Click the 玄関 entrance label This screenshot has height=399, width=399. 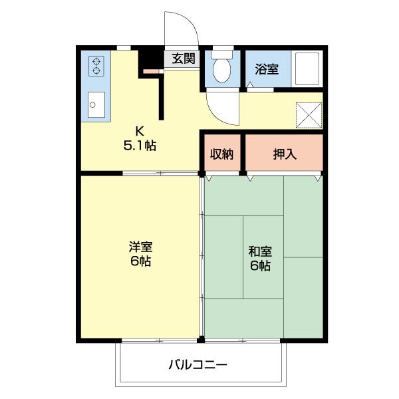click(x=183, y=59)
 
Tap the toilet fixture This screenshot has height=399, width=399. click(x=220, y=66)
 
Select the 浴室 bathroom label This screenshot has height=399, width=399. click(x=267, y=68)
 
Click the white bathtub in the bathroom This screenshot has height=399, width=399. click(x=307, y=68)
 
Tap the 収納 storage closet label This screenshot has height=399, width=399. click(x=222, y=154)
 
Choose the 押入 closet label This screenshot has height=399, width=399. click(x=285, y=154)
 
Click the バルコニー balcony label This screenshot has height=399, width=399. click(x=198, y=364)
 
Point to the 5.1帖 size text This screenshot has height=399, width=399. click(x=140, y=144)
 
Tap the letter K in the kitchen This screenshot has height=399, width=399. click(x=140, y=130)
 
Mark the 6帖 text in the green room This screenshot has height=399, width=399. click(x=260, y=266)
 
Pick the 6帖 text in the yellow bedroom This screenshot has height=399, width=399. click(x=140, y=261)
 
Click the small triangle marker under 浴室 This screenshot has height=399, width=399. click(x=250, y=85)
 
